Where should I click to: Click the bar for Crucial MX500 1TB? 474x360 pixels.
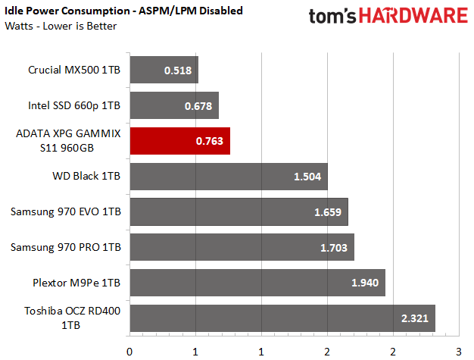164,70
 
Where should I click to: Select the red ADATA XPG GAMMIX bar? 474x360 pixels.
179,141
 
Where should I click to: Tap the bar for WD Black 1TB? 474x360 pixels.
229,177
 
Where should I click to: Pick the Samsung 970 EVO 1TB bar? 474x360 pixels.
239,212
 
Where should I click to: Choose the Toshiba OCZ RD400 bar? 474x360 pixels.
282,318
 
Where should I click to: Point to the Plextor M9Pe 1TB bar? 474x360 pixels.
257,283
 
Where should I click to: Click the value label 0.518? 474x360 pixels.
178,70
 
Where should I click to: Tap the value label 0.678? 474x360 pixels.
198,106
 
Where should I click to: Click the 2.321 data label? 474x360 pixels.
415,318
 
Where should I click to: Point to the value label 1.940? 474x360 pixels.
366,283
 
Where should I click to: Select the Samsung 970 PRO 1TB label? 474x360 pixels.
67,247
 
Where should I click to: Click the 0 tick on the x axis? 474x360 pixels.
130,351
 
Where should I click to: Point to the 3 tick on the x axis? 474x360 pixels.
458,351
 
